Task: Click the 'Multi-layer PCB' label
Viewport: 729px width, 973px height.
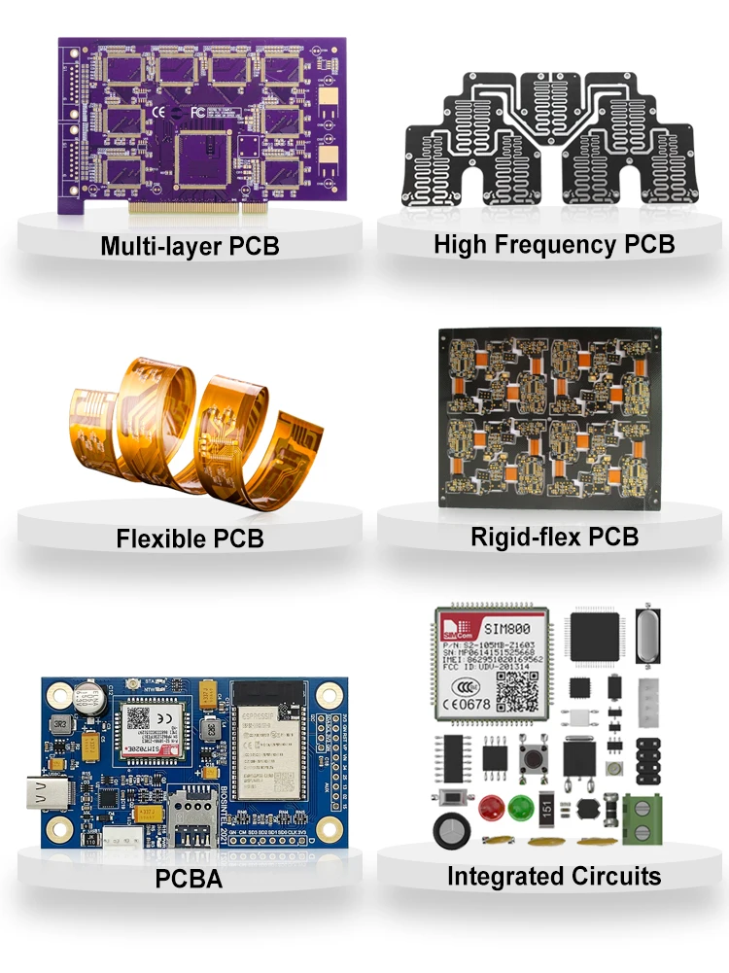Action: [x=190, y=246]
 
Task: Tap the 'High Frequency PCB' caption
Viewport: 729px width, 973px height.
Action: [x=554, y=244]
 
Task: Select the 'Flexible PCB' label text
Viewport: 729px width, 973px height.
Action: [x=190, y=538]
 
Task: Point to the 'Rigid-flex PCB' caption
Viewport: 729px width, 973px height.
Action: [x=554, y=536]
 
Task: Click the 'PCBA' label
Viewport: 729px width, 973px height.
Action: [x=190, y=880]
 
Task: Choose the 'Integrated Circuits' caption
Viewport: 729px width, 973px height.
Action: [x=554, y=876]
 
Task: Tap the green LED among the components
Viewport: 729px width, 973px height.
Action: [x=520, y=806]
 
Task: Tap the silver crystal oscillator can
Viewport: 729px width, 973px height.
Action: [x=646, y=637]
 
